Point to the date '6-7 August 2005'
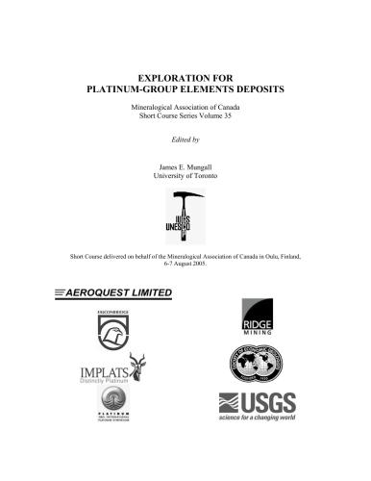point(186,266)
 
